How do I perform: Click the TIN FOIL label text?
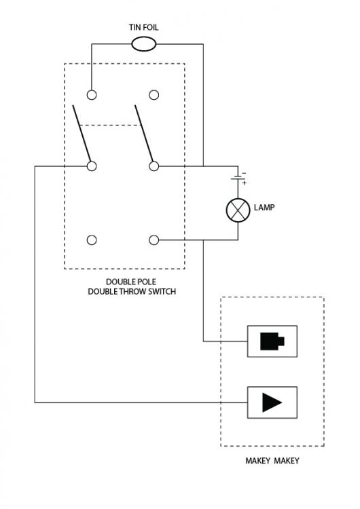coord(143,27)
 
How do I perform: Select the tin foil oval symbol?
coord(143,44)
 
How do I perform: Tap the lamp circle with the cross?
coord(238,210)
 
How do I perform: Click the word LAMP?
coord(264,208)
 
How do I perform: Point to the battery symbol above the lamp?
coord(238,178)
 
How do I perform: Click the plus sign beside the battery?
coord(245,183)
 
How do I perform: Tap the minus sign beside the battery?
coord(244,173)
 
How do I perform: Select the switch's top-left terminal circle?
coord(92,95)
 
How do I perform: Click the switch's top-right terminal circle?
coord(154,95)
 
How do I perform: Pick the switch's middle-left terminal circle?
coord(92,166)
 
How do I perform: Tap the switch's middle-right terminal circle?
coord(154,166)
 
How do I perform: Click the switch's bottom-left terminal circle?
coord(92,240)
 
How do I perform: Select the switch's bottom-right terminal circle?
coord(154,240)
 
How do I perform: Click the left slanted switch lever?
coord(82,133)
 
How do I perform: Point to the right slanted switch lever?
coord(143,133)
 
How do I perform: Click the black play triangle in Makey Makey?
coord(272,402)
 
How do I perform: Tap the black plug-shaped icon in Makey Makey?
coord(272,341)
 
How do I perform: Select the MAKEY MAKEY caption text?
coord(272,461)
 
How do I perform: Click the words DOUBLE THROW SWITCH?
coord(132,292)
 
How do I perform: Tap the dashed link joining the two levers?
coord(111,125)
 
